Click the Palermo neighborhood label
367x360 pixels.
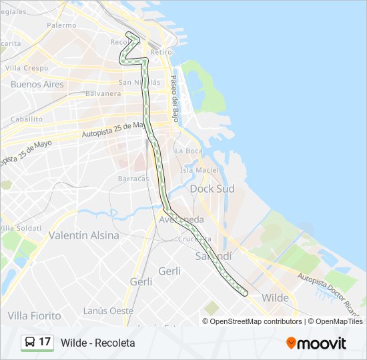click(x=61, y=25)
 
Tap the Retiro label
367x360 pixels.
click(x=161, y=51)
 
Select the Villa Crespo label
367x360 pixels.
click(x=27, y=68)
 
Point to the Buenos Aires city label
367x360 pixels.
click(x=37, y=85)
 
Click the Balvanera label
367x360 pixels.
click(x=103, y=94)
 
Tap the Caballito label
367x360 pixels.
click(x=27, y=119)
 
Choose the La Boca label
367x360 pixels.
click(x=188, y=151)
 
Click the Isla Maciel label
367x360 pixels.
click(x=199, y=170)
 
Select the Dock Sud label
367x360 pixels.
click(x=212, y=189)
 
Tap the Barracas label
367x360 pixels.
click(x=133, y=179)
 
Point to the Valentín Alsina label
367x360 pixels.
click(x=83, y=235)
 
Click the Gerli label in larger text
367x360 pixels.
click(x=169, y=271)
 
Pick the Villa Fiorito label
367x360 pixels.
click(x=34, y=315)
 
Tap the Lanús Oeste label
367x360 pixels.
click(x=108, y=311)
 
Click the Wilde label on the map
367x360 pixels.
click(x=276, y=297)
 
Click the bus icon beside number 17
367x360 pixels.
click(x=30, y=343)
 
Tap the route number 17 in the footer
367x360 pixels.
click(x=45, y=343)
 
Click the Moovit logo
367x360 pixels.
click(x=316, y=343)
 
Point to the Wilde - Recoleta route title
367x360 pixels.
click(x=97, y=343)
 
